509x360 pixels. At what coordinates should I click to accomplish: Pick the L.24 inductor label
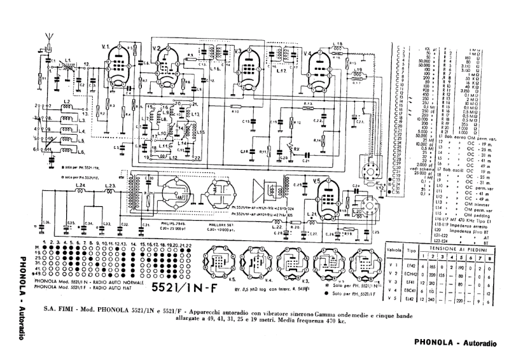(80, 186)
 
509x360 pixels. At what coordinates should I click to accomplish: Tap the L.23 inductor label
(109, 186)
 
